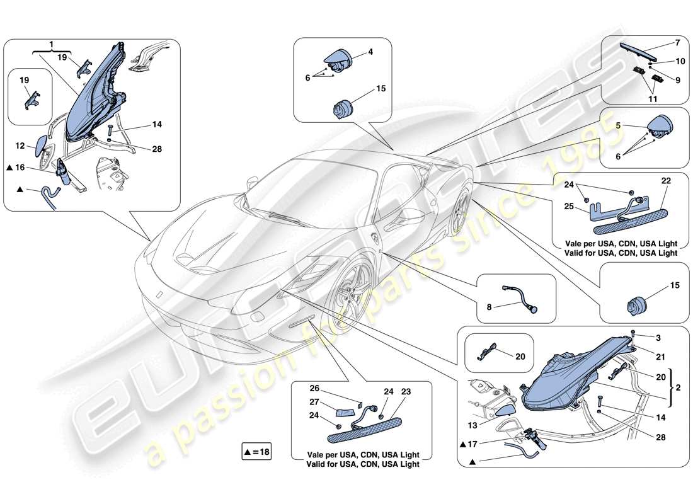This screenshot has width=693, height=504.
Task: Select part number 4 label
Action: [x=370, y=52]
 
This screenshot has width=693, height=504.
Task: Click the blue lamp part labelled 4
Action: [x=340, y=61]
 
